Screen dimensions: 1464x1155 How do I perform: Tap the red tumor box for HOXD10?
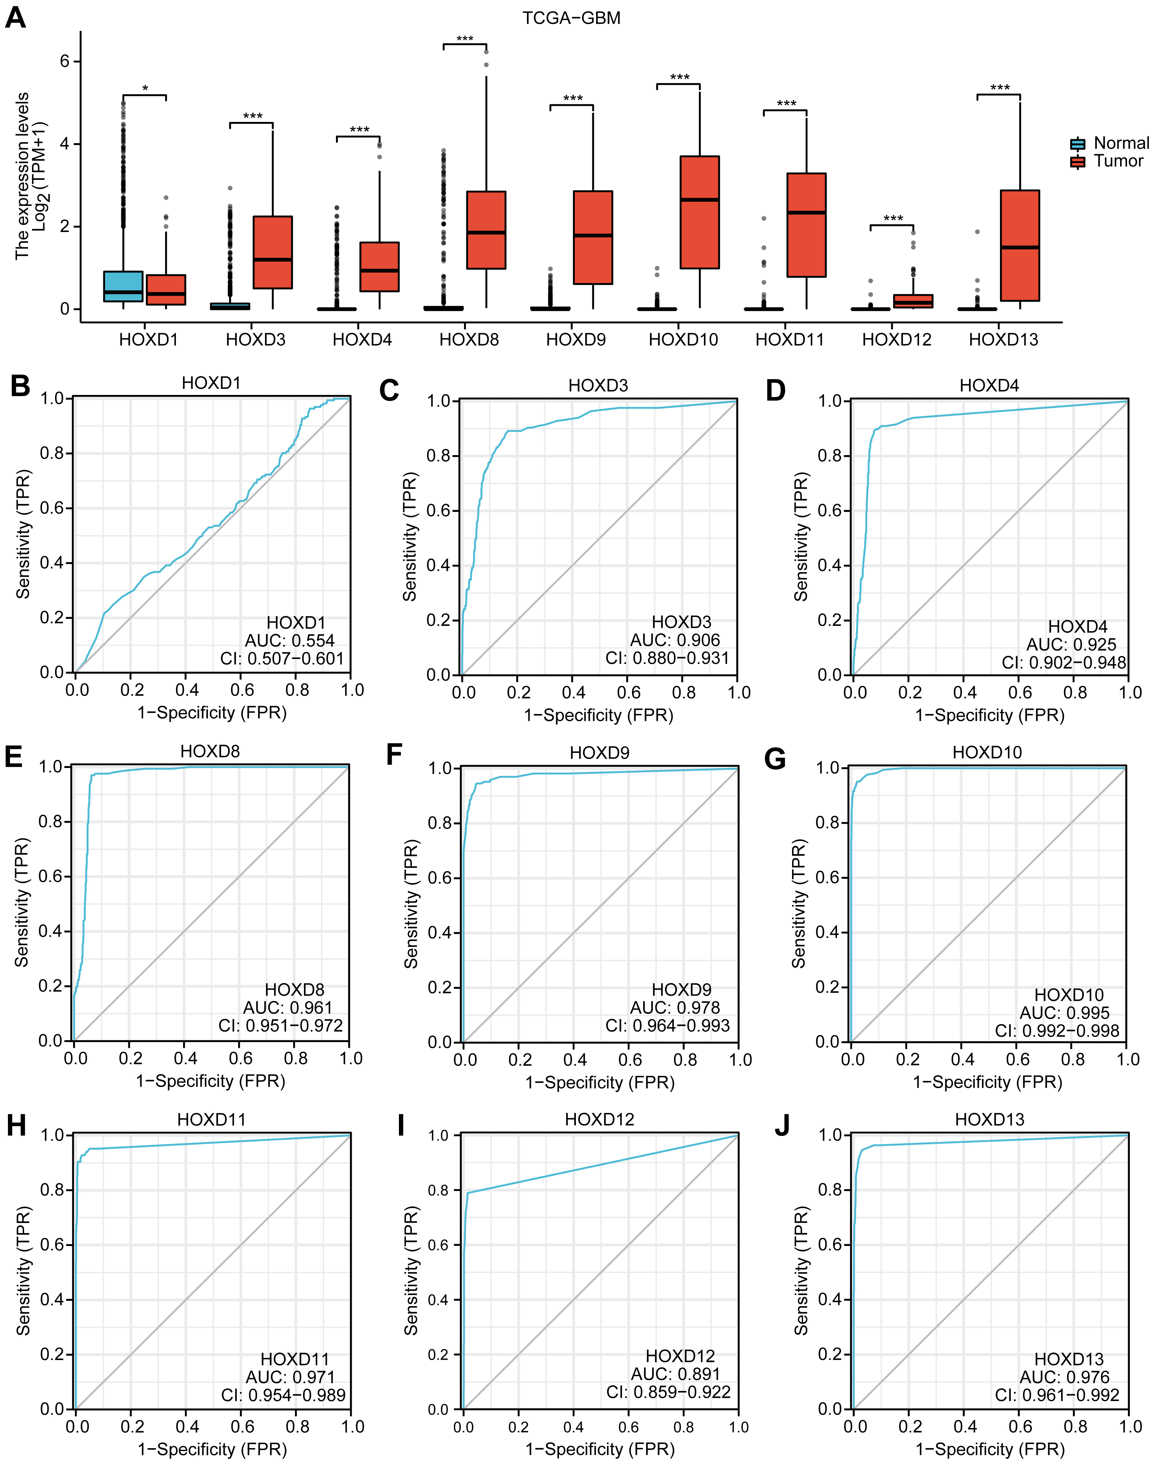pos(699,212)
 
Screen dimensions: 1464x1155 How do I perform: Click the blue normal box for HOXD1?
pos(123,286)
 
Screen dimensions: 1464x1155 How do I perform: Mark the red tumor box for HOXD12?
pos(913,301)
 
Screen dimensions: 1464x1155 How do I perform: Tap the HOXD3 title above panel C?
pos(598,386)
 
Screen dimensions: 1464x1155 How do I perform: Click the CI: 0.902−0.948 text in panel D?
pos(1064,663)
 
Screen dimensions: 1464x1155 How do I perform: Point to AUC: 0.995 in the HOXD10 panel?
pos(1064,1013)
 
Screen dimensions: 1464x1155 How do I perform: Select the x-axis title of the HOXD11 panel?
pos(212,1449)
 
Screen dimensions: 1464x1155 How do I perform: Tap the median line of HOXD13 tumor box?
pos(1020,247)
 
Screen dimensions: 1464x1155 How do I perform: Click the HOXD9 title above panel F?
pos(599,753)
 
